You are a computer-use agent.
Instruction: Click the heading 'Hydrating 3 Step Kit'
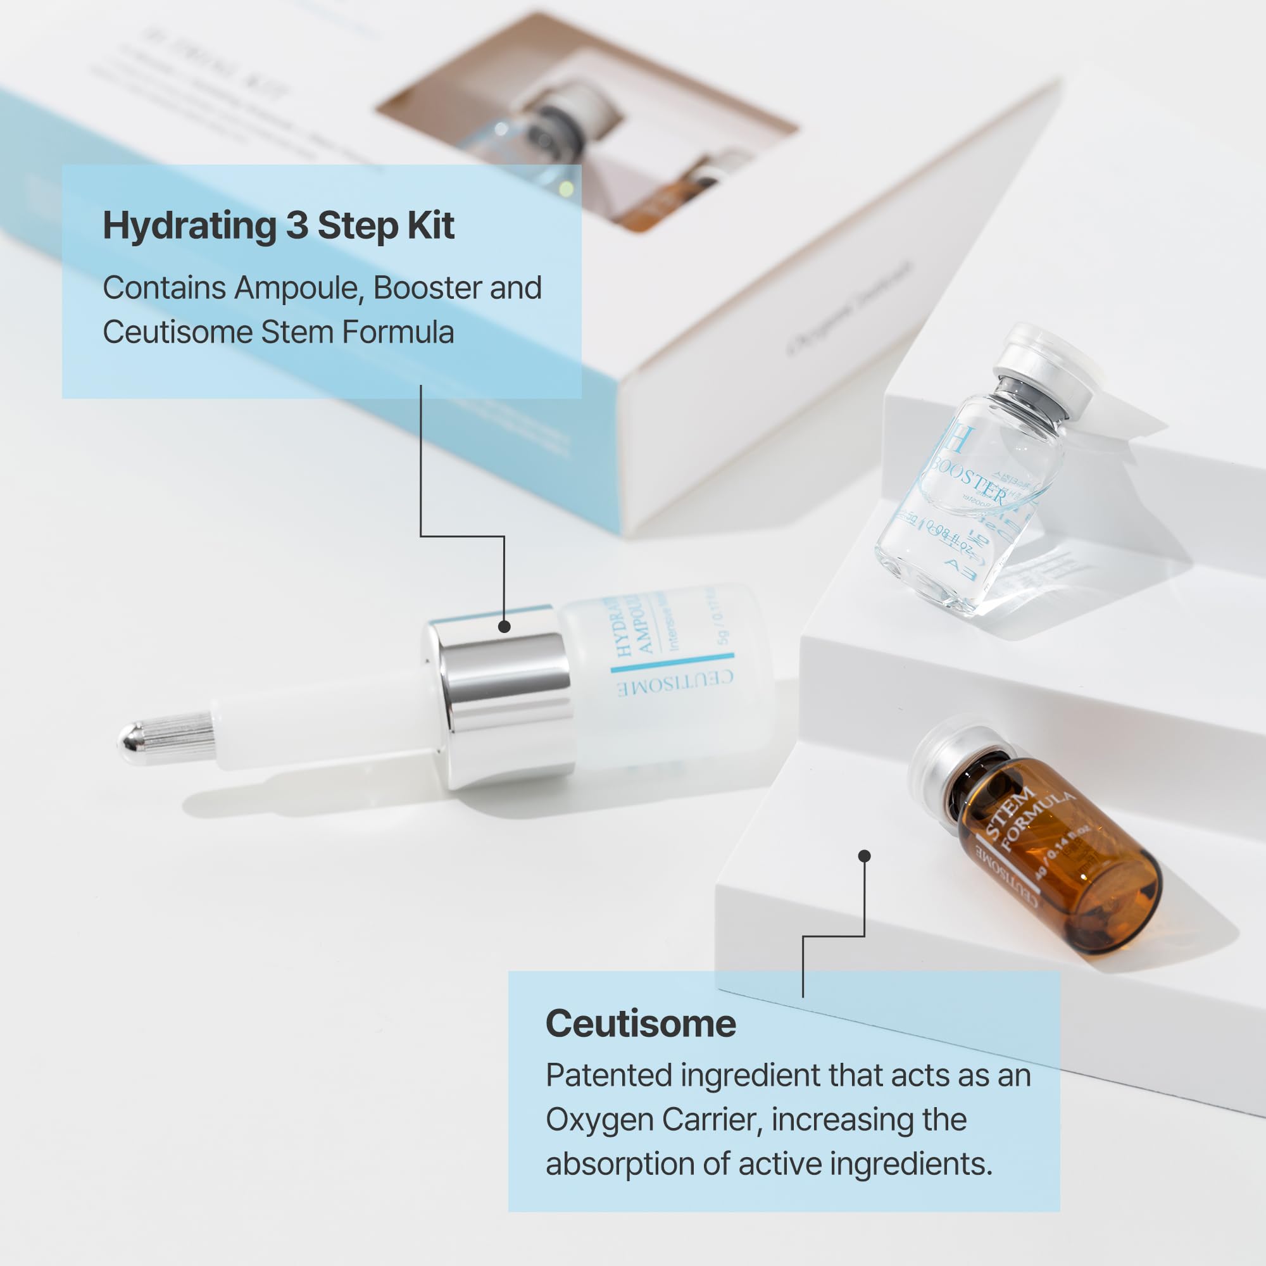[279, 226]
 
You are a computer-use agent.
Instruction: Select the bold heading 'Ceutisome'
[640, 1024]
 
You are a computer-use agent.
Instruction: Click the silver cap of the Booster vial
[1042, 373]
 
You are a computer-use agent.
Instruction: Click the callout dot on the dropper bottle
[504, 627]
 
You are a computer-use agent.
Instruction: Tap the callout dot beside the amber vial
[864, 856]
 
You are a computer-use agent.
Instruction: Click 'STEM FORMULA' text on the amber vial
[1029, 816]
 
